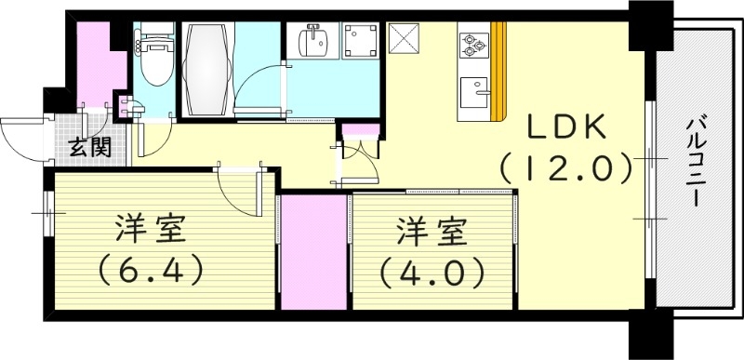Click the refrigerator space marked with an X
[405, 40]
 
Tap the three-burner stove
[474, 44]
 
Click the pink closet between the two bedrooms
[313, 252]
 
